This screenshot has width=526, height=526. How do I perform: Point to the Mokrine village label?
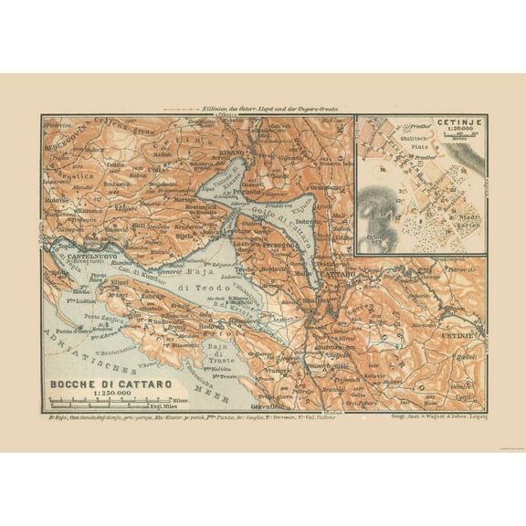point(57,198)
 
